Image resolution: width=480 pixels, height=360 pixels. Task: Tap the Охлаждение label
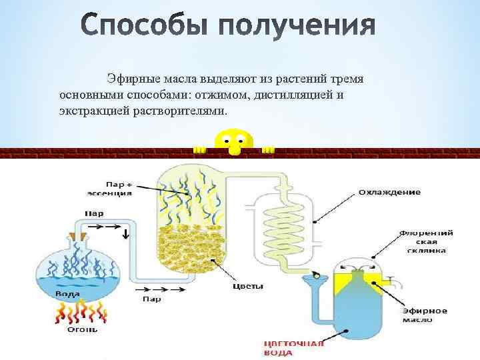(389, 192)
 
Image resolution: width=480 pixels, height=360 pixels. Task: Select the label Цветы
(247, 286)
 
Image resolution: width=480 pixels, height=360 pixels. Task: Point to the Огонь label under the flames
(83, 329)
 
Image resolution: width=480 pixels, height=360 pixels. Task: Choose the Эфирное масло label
(425, 315)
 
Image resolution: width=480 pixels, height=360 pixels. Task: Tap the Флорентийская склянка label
(427, 241)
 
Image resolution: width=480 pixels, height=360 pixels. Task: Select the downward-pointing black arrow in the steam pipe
(126, 233)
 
